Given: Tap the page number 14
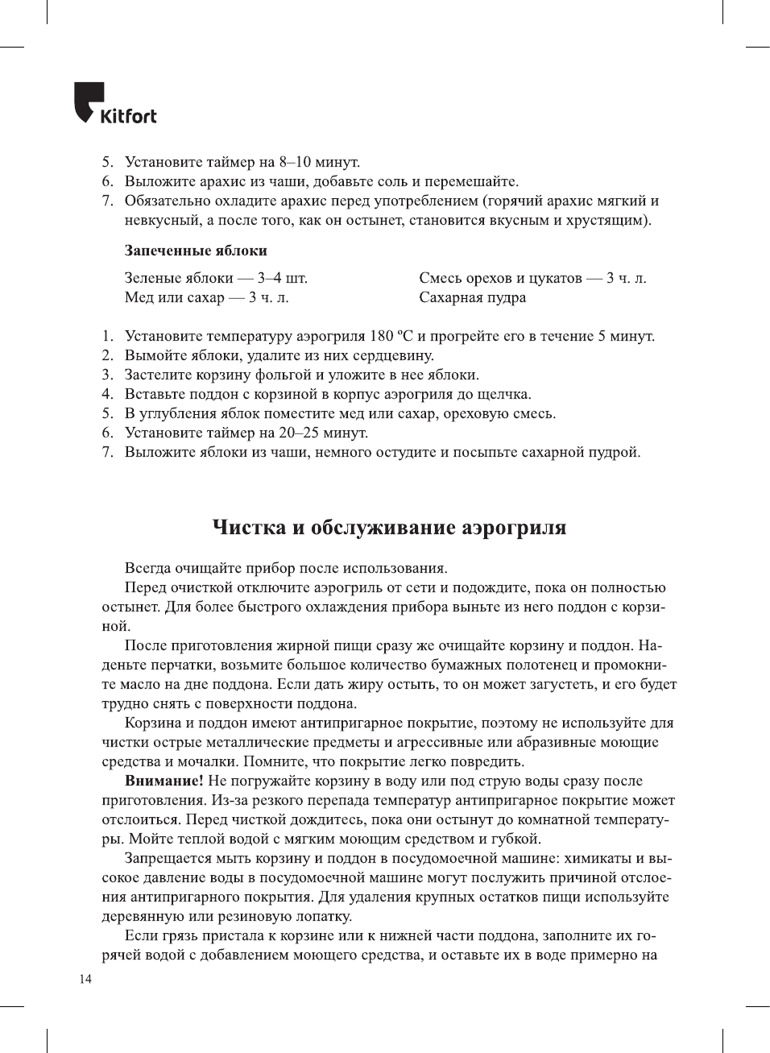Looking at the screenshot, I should pos(85,979).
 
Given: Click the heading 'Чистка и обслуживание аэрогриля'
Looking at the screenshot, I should pos(389,528).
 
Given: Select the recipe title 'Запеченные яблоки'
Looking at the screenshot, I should pos(196,251).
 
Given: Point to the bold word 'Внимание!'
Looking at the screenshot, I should pos(164,781).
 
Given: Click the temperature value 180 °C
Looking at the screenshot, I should pos(391,336).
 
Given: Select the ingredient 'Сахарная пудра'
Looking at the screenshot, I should pos(472,297).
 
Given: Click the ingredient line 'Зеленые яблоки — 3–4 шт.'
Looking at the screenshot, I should pos(216,278).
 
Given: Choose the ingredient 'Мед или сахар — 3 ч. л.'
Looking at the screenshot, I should pos(206,297).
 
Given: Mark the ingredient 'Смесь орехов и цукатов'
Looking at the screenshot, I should pos(500,278).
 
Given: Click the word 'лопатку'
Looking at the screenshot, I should pos(323,916).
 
